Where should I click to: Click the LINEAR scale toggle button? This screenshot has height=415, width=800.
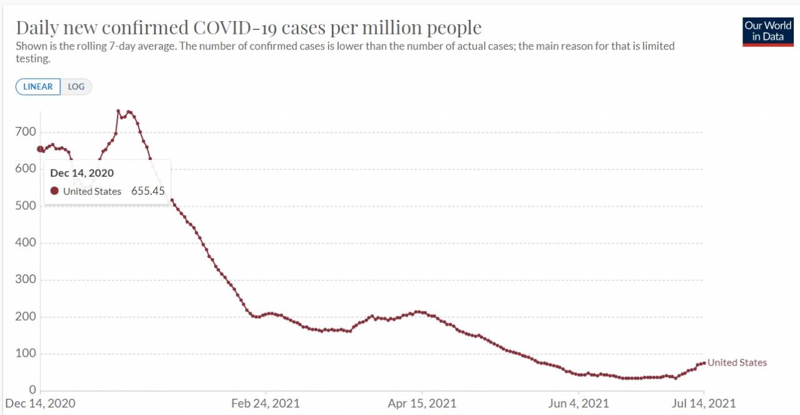point(38,87)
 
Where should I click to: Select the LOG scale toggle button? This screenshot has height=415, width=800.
point(76,87)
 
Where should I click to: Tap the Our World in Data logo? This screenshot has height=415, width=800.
point(768,32)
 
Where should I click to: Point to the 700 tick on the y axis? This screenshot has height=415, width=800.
point(26,132)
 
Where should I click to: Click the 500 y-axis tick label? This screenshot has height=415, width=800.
point(26,206)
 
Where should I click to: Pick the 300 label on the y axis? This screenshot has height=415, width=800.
point(26,280)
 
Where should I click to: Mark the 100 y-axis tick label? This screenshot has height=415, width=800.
point(26,354)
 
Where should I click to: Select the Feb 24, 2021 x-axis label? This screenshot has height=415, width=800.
point(266,403)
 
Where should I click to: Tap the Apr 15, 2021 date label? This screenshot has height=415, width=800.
point(422,403)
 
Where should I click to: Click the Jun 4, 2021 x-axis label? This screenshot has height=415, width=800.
point(579,403)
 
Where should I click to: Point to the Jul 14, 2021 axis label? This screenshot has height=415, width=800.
point(704,403)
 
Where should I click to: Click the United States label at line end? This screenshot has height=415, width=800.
point(737,362)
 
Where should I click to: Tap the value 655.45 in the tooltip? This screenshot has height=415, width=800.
point(147,191)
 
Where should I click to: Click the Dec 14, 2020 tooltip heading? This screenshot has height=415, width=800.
point(82,173)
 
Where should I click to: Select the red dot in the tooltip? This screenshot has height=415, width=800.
point(54,191)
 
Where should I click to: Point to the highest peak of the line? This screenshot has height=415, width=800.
point(118,111)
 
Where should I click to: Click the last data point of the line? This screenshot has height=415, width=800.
point(704,362)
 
